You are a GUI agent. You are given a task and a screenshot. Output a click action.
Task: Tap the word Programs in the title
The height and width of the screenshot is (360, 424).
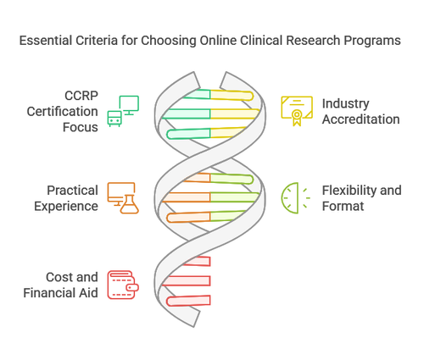[371, 40]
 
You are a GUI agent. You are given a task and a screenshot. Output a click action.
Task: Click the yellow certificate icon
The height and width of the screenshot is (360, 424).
[296, 110]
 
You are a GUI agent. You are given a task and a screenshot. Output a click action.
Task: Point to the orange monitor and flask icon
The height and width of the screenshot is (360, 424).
[123, 197]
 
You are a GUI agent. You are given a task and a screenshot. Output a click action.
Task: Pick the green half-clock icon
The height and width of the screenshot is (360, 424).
[295, 197]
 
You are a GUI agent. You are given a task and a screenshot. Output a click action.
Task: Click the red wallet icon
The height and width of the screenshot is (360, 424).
[123, 284]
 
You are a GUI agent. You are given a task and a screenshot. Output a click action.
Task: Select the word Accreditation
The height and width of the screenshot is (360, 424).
[360, 119]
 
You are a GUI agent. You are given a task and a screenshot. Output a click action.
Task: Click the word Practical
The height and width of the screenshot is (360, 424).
[72, 190]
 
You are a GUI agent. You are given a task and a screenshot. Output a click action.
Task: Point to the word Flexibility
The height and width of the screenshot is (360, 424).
[361, 190]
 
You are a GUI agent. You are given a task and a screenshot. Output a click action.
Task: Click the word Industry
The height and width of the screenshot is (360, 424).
[345, 102]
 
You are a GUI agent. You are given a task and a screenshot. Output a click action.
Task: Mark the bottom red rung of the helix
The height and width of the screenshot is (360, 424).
[188, 300]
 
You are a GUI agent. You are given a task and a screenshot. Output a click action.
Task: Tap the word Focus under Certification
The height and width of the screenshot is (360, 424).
[81, 126]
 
